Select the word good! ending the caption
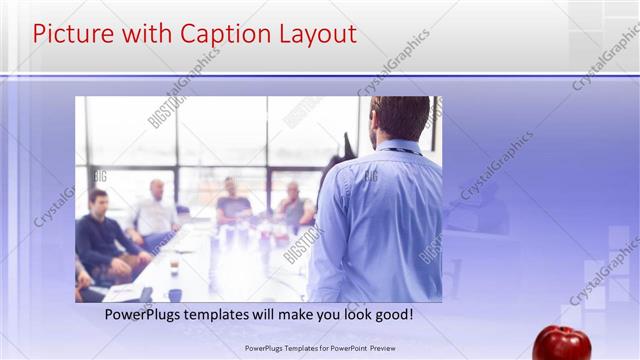tap(392, 315)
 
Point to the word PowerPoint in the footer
tap(341, 348)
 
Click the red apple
tap(561, 342)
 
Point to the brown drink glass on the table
tap(174, 267)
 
